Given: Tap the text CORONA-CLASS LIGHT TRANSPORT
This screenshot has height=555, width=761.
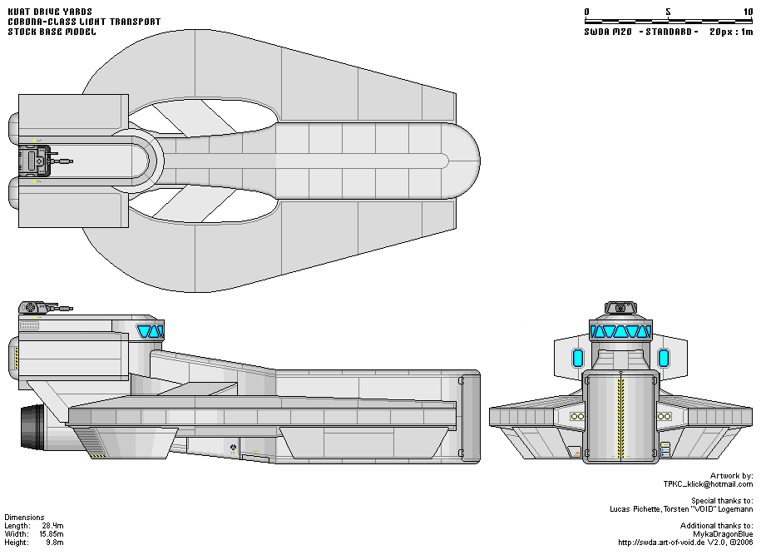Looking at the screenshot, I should click(x=84, y=22).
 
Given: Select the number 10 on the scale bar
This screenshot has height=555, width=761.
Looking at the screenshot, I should click(x=748, y=12).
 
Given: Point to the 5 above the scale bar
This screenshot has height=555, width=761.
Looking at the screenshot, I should click(x=668, y=12).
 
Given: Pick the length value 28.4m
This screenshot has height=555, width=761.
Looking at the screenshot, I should click(x=52, y=525).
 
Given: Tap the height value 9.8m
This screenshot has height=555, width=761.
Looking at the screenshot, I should click(x=53, y=542).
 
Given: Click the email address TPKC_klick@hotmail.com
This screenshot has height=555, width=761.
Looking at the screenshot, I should click(x=708, y=483).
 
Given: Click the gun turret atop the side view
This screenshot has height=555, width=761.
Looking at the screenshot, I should click(x=37, y=308).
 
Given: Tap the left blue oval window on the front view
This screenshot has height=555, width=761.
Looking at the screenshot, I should click(x=578, y=359).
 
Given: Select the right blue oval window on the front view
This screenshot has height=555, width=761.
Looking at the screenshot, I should click(x=664, y=359).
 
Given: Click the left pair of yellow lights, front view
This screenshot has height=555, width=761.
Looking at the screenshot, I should click(x=576, y=414).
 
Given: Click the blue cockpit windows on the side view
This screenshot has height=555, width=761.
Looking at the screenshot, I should click(x=150, y=332).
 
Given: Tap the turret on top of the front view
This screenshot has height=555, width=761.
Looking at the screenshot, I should click(x=620, y=307).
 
